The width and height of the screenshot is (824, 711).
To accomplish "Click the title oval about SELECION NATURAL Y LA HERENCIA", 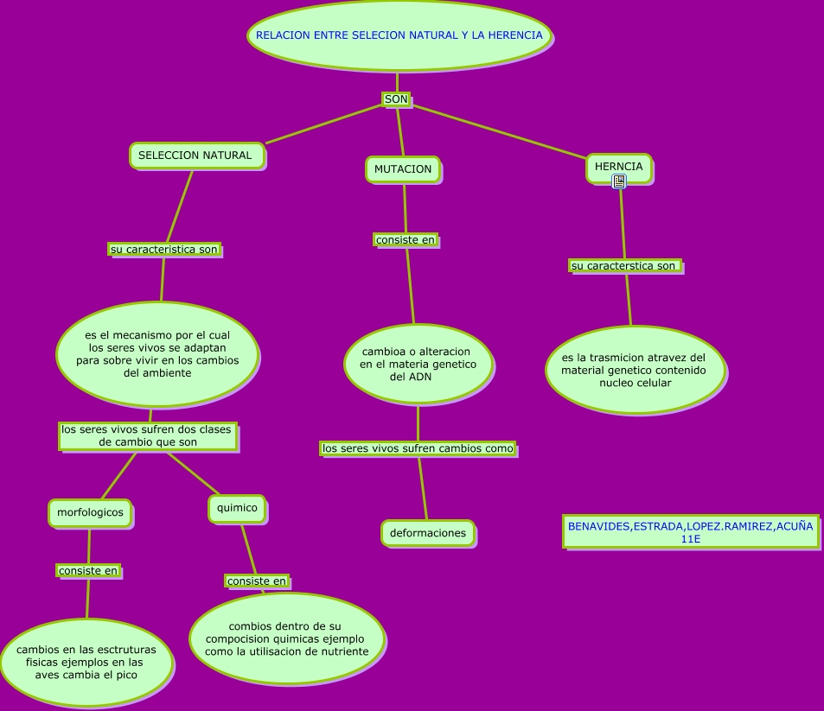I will (399, 36).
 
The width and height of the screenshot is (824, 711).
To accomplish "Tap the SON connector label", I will (396, 100).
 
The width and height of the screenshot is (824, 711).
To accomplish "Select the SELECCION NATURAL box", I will (196, 156).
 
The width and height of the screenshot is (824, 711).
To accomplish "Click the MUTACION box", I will (403, 169).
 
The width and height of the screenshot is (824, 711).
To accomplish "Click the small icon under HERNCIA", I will (619, 181).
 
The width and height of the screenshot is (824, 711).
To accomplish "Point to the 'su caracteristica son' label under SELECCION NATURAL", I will (164, 250).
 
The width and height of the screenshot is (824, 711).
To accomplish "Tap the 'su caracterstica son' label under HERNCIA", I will (625, 266).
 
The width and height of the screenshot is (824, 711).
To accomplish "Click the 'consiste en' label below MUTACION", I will (406, 239).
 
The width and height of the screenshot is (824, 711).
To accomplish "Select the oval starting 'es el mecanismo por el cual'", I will (157, 354).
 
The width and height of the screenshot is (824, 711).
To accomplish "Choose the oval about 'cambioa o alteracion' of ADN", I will (418, 365).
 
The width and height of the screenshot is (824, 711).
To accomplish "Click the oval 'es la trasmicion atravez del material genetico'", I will (634, 370).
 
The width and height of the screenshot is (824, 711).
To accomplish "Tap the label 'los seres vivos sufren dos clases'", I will (148, 435).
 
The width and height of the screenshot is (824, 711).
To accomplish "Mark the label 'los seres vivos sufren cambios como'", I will (418, 448).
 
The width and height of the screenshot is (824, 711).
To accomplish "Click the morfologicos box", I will (90, 512).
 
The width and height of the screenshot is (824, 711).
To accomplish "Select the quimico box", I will (236, 508).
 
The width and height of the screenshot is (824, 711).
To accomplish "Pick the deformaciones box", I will (427, 533).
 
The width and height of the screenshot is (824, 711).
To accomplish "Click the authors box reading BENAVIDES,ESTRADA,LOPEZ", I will (690, 532).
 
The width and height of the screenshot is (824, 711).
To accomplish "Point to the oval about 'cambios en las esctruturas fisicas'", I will (86, 662).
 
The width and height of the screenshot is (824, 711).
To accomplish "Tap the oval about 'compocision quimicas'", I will (286, 638).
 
